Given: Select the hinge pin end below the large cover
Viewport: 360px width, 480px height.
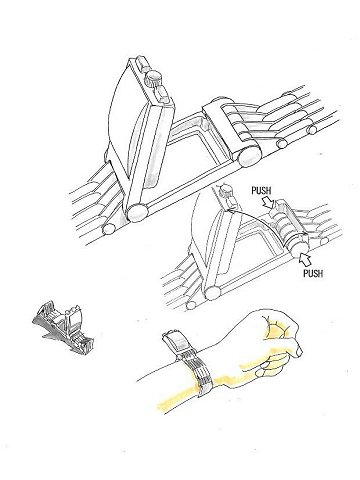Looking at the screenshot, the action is pos(137,212).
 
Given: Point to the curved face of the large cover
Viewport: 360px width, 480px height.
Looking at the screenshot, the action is pos(124,120).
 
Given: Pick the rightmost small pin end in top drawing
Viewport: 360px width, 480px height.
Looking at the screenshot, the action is pos(313,128).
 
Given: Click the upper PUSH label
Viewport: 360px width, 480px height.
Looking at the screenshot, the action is pos(261,191).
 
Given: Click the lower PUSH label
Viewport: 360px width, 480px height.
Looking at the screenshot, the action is pos(313,273).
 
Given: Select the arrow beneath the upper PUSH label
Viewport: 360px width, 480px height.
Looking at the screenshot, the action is pos(269,201).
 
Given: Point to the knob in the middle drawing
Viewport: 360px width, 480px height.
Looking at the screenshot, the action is pos(226,191).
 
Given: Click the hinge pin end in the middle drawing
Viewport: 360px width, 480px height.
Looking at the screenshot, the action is pos(212,292).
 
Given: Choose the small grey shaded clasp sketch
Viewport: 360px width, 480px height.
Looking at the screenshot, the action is pos(63,322).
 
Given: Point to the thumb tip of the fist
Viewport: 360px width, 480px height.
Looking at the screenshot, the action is pos(299,351).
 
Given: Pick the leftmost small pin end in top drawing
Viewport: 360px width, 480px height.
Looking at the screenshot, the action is pos(108,229).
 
